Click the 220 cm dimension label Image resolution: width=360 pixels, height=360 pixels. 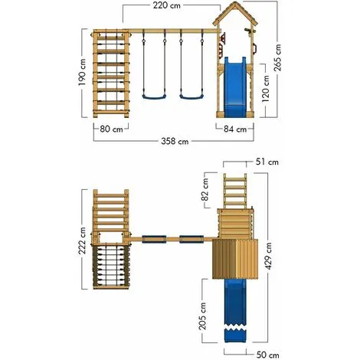pyautogui.click(x=166, y=5)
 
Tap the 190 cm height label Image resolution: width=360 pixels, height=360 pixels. pyautogui.click(x=82, y=72)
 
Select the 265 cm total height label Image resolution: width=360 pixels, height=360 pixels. pyautogui.click(x=277, y=57)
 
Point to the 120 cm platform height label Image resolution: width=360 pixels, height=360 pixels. pyautogui.click(x=266, y=88)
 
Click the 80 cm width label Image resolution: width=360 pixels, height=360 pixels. pyautogui.click(x=111, y=129)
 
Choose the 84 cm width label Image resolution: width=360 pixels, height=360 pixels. pyautogui.click(x=235, y=129)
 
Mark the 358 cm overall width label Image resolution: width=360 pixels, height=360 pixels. pyautogui.click(x=175, y=141)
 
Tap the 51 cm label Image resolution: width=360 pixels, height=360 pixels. pyautogui.click(x=267, y=162)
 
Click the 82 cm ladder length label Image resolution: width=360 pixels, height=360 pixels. pyautogui.click(x=205, y=190)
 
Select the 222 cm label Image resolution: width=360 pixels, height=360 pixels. pyautogui.click(x=82, y=241)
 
